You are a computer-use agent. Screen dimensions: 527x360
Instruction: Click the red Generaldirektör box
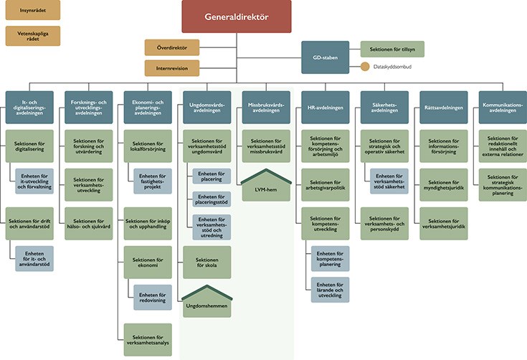237,16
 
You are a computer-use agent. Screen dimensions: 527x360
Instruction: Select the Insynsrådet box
33,10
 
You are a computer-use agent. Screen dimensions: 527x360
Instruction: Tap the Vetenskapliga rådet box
33,36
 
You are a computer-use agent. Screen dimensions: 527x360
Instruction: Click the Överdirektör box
172,47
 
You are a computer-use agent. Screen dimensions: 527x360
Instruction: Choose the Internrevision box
172,68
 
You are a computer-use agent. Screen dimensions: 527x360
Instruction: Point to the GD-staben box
326,57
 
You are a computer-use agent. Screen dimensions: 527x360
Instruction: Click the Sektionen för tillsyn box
392,49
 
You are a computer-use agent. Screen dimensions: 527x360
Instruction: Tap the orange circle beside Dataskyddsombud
365,67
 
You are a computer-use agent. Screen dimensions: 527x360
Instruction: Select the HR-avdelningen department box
326,108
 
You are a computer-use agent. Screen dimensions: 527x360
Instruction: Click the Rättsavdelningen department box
444,108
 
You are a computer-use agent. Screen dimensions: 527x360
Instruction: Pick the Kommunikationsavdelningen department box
503,108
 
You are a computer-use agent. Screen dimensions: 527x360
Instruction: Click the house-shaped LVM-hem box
266,186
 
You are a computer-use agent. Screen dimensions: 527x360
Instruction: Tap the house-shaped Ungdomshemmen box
207,301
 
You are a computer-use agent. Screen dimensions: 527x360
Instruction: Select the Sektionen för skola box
207,262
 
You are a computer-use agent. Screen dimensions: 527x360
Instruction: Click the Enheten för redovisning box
153,298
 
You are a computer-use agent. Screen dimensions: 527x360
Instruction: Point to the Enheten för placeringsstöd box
212,199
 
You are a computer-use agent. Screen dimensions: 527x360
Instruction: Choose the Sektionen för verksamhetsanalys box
148,340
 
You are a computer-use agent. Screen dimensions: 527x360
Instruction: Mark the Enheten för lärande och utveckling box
330,290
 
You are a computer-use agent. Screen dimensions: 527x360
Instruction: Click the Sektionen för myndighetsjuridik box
444,185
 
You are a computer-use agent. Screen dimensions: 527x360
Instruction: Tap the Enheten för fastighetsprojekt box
153,181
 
